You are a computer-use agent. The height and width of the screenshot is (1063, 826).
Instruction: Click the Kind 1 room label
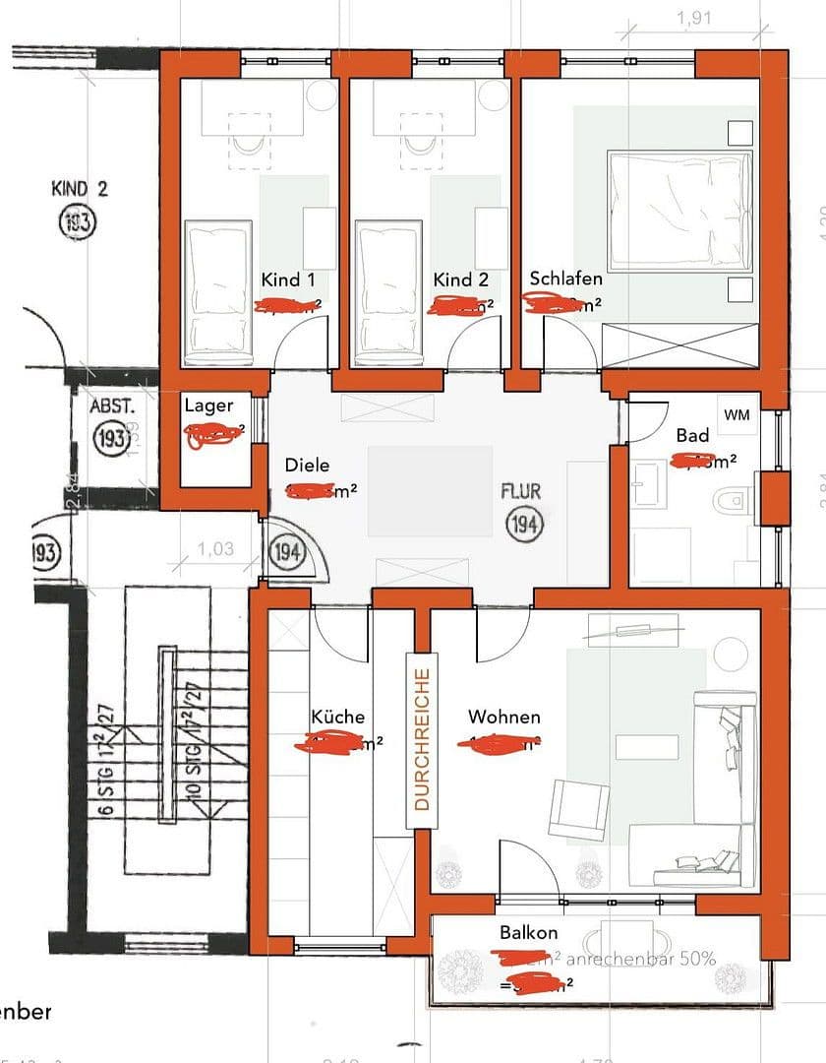[x=288, y=281]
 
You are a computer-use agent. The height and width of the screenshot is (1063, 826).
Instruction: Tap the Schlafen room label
[x=565, y=279]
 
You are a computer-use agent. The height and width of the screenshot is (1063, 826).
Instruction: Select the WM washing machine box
[x=737, y=415]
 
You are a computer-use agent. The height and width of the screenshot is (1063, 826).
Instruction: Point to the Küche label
[x=337, y=717]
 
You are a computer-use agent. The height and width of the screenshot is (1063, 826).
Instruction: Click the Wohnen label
[x=503, y=717]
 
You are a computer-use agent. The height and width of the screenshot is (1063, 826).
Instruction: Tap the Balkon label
[x=528, y=933]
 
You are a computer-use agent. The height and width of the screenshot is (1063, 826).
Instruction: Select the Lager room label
[x=208, y=406]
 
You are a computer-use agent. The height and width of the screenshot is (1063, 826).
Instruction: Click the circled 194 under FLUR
[x=524, y=525]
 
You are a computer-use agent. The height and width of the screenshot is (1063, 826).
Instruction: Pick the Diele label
[x=307, y=466]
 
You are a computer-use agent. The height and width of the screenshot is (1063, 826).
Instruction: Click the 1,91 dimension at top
[x=695, y=17]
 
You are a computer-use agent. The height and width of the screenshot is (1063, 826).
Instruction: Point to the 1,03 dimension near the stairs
[x=214, y=549]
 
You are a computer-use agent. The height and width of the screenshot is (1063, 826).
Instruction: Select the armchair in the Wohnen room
[x=577, y=810]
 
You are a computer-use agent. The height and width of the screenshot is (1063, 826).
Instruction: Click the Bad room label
[x=692, y=435]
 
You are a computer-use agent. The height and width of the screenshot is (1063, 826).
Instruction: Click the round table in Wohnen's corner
[x=731, y=653]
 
